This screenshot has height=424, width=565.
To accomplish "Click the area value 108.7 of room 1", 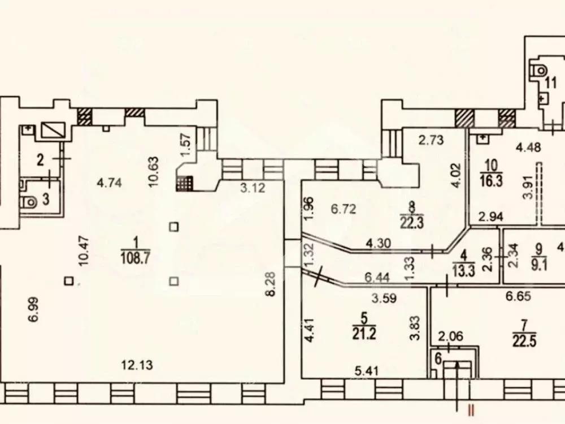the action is [136, 258].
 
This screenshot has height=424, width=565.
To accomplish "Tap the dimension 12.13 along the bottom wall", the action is [137, 365].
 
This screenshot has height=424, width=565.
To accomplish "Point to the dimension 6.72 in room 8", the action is [344, 209].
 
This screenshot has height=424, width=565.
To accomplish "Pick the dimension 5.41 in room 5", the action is [366, 370].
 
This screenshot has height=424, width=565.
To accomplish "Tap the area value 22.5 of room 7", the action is [524, 341].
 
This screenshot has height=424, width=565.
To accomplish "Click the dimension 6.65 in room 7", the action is [518, 296].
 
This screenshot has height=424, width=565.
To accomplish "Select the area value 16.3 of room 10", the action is [491, 181].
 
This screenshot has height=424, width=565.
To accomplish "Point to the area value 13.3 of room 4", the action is [464, 269].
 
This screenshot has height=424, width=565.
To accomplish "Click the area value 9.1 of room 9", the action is [539, 265].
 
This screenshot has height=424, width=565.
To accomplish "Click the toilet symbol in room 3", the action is [29, 202].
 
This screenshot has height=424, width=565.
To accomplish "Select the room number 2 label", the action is [40, 159].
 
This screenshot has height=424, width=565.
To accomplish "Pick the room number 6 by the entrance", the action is [438, 359].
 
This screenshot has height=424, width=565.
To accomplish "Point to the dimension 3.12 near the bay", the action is [253, 188].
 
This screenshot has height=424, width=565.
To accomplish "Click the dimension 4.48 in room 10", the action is [528, 148].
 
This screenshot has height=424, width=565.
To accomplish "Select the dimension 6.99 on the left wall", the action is [33, 309].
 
